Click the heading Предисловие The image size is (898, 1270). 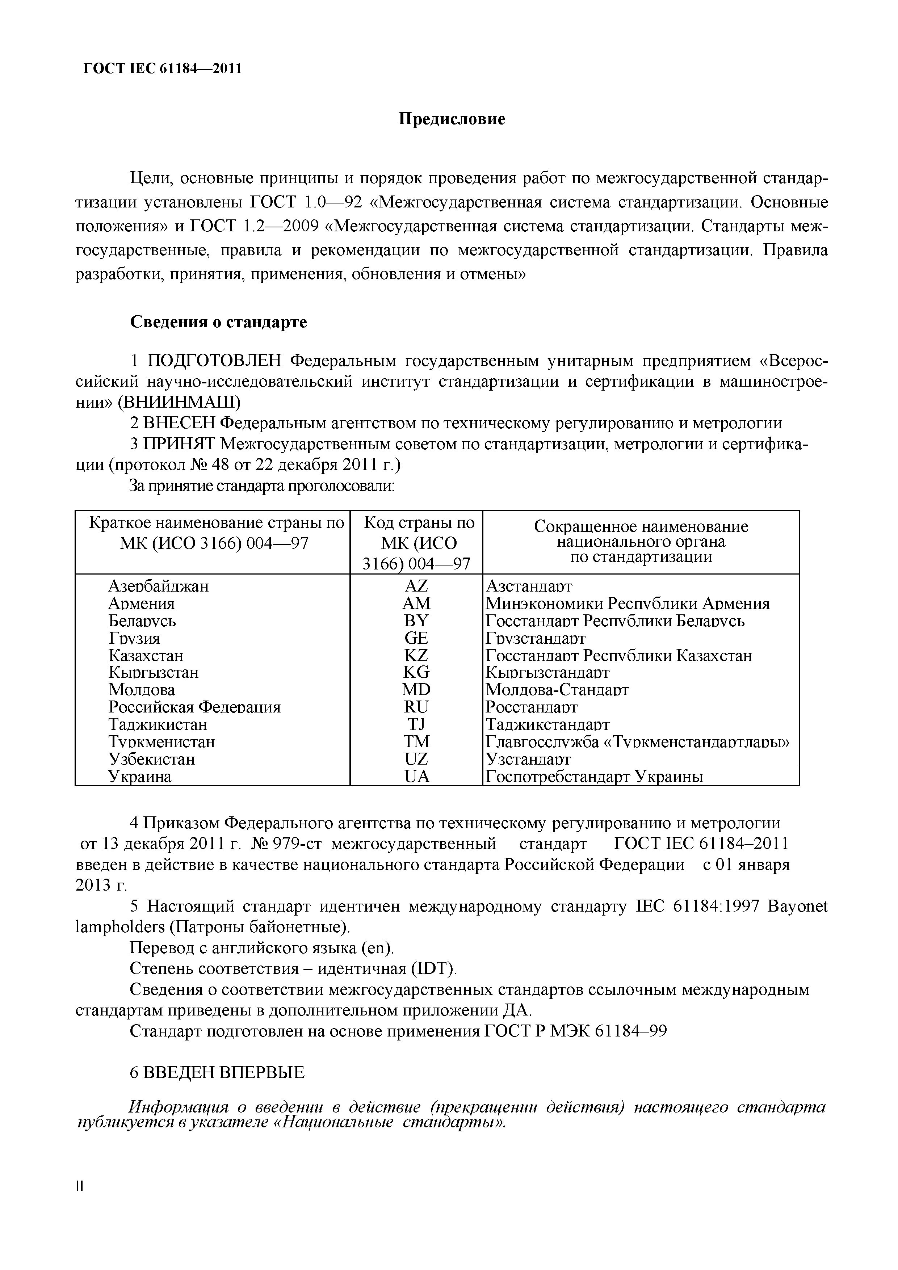[452, 119]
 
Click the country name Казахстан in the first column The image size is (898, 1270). [146, 656]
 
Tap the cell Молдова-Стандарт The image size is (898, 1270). [557, 690]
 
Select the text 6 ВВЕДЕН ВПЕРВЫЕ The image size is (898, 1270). [217, 1073]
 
